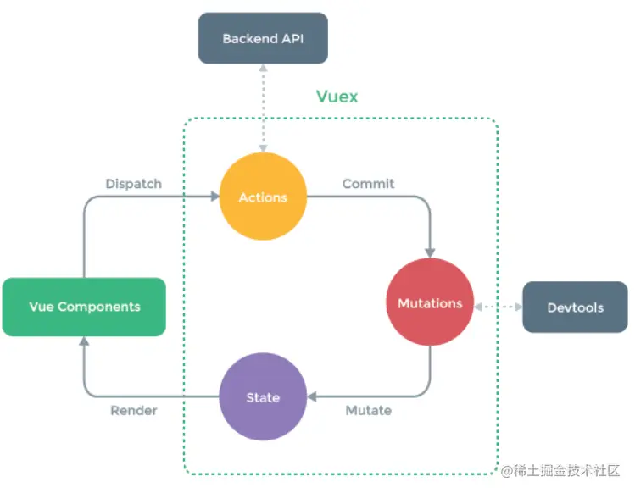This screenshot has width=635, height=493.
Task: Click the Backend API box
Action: click(x=263, y=38)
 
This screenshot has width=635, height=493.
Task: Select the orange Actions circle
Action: click(x=263, y=197)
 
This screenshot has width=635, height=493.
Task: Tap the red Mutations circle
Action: click(x=430, y=302)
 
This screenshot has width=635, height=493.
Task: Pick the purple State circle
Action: click(x=263, y=396)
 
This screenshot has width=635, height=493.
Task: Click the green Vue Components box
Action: click(x=84, y=307)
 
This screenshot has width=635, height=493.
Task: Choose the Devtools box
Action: click(x=576, y=307)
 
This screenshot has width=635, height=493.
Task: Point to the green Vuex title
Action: click(x=337, y=97)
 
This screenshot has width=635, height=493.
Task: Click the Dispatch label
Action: click(x=134, y=184)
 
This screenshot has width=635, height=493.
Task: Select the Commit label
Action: click(x=368, y=184)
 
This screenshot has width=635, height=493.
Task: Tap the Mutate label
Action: click(x=369, y=411)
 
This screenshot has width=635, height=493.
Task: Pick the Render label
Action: click(x=134, y=411)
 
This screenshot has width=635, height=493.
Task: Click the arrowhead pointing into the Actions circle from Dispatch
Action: click(x=215, y=197)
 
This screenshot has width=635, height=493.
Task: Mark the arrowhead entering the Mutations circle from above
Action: click(x=430, y=253)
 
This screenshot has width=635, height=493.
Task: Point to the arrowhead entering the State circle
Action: click(x=312, y=396)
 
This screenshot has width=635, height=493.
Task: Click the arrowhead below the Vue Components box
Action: click(x=84, y=341)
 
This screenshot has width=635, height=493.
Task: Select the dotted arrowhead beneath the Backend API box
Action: click(x=263, y=68)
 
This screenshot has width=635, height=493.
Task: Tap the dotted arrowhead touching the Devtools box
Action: click(x=519, y=307)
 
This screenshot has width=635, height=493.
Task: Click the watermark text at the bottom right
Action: click(x=560, y=471)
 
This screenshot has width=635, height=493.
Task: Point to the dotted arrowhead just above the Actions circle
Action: click(x=263, y=148)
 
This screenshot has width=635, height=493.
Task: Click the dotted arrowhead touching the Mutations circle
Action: click(x=478, y=307)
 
